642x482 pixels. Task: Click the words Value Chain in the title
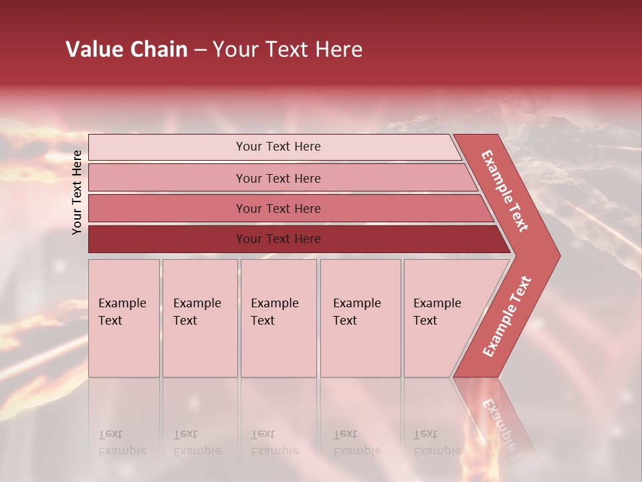coord(126,50)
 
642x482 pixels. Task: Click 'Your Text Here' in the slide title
coord(288,50)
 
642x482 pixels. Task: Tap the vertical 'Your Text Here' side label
coord(78,192)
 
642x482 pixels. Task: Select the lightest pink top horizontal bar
coord(167,147)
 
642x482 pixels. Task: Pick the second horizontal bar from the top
coord(167,178)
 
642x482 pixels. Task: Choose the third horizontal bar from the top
coord(167,208)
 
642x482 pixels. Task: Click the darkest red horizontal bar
coord(167,239)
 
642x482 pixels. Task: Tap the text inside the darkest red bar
coord(278,239)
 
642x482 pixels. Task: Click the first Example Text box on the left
coord(124,318)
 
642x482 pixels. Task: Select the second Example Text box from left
coord(200,318)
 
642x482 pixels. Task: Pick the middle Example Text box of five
coord(278,318)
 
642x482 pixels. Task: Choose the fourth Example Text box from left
coord(360,318)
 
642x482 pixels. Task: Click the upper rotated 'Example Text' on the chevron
coord(505,191)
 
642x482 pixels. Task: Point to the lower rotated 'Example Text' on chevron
coord(507,316)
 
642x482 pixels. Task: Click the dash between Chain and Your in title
coord(200,50)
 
